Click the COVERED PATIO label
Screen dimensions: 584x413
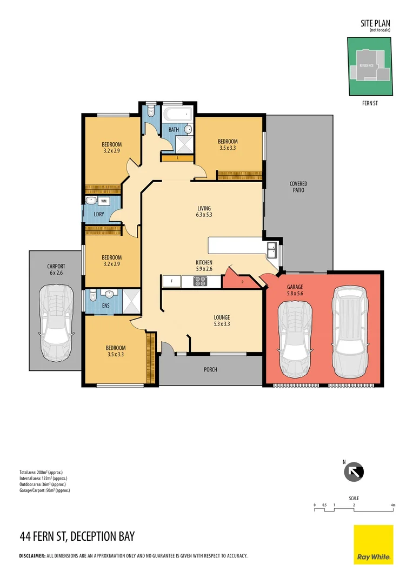point(298,187)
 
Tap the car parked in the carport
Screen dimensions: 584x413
point(56,323)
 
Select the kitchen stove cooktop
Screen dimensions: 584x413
point(200,281)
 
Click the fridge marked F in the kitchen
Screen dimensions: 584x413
point(171,281)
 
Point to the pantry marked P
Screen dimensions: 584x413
point(242,282)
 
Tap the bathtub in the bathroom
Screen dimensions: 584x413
point(178,114)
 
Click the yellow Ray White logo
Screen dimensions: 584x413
point(373,545)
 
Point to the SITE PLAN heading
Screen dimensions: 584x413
point(375,23)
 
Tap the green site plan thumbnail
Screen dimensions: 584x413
point(370,65)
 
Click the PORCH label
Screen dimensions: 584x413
point(210,370)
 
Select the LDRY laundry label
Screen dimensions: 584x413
point(99,215)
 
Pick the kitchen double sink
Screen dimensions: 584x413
point(272,250)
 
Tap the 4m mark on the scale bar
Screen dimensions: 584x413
point(393,506)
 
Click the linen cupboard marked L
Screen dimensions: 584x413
point(177,158)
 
